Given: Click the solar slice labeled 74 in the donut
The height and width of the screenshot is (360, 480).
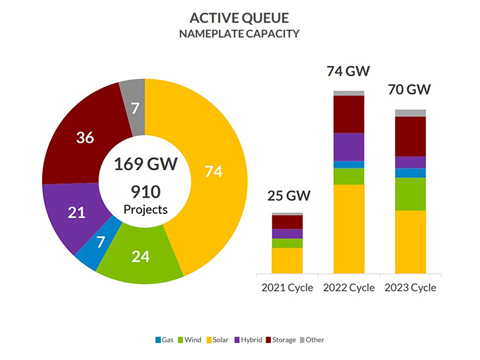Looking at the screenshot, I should [213, 172].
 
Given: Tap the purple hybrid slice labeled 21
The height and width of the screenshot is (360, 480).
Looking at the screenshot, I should [76, 213].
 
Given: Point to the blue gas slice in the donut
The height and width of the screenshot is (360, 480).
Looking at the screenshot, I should [101, 242].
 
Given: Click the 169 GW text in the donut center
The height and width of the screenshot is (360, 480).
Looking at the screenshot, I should [145, 163].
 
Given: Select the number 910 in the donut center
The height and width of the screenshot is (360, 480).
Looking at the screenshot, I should [145, 191].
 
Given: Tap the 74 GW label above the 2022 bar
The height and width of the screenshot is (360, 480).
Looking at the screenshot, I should [349, 71].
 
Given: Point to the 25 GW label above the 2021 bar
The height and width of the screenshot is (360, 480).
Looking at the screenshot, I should [287, 196].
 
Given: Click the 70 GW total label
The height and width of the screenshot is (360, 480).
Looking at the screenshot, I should [410, 90].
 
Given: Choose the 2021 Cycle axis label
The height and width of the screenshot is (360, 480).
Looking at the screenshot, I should [287, 287].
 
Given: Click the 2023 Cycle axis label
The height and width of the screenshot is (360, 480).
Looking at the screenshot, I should [410, 287].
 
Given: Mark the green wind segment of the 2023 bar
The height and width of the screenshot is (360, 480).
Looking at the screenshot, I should [410, 194].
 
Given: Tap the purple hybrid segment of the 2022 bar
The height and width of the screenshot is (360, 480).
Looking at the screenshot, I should [349, 146].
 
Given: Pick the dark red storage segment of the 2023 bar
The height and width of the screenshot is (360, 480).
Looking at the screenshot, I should [410, 136].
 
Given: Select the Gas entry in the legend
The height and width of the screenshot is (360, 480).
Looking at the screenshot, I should [164, 340].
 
